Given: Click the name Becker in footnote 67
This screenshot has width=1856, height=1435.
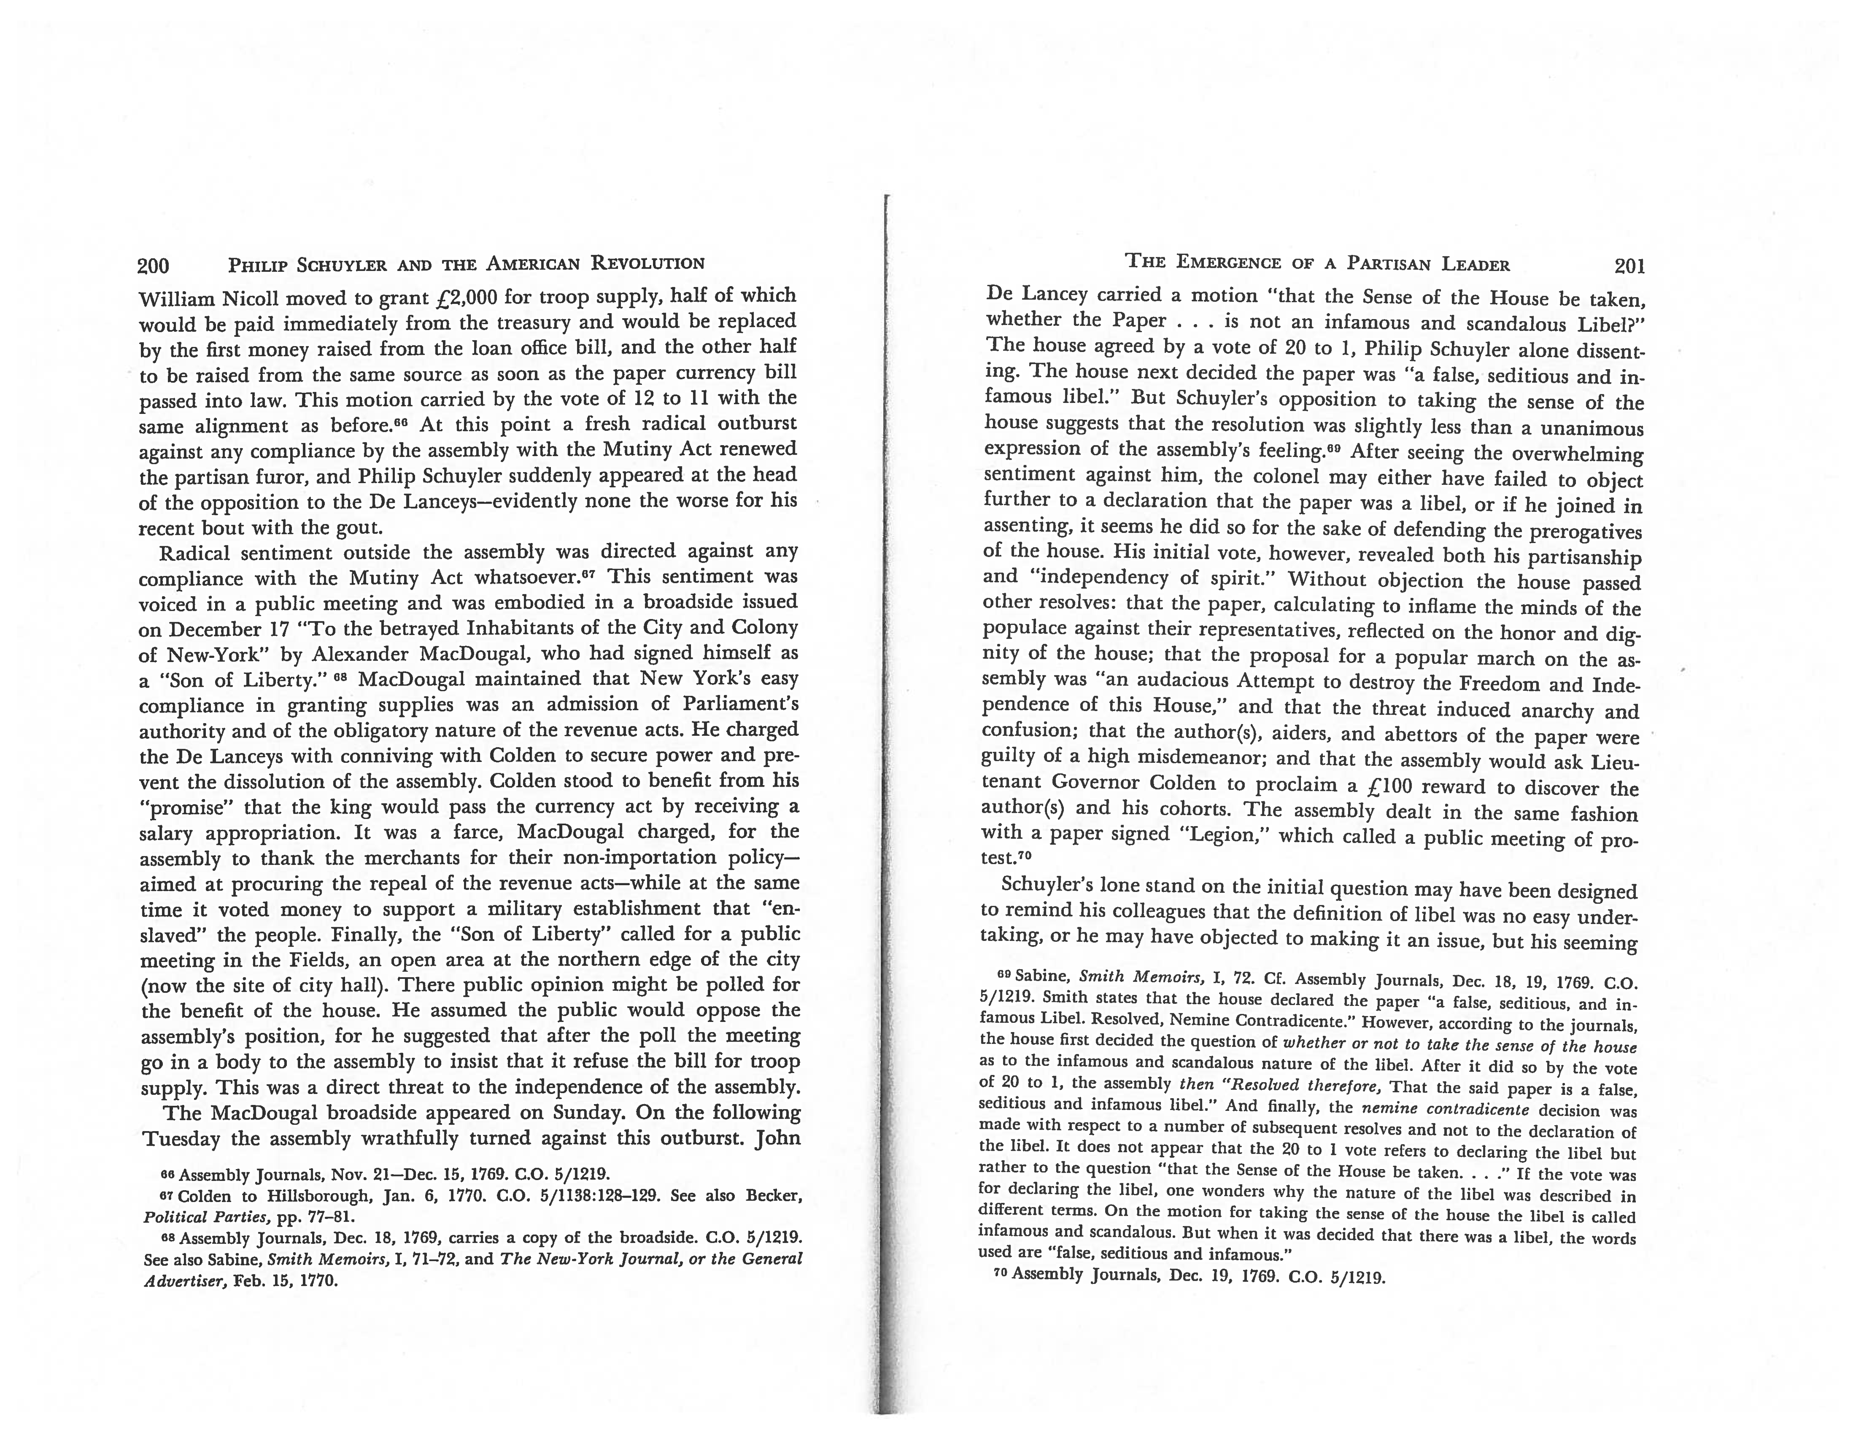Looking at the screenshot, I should (x=772, y=1196).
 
